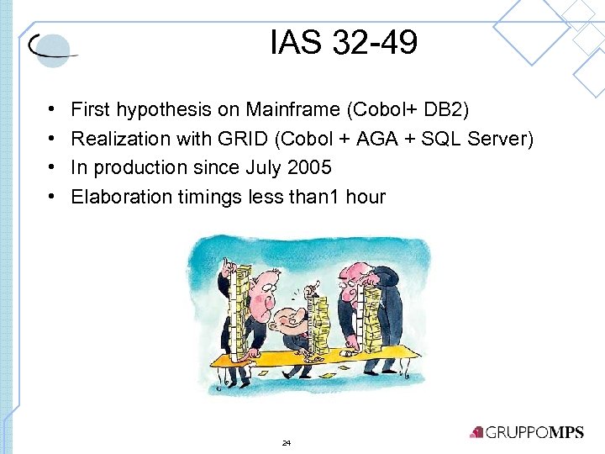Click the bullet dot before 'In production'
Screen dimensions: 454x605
coord(52,168)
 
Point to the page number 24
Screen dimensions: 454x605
coord(287,442)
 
